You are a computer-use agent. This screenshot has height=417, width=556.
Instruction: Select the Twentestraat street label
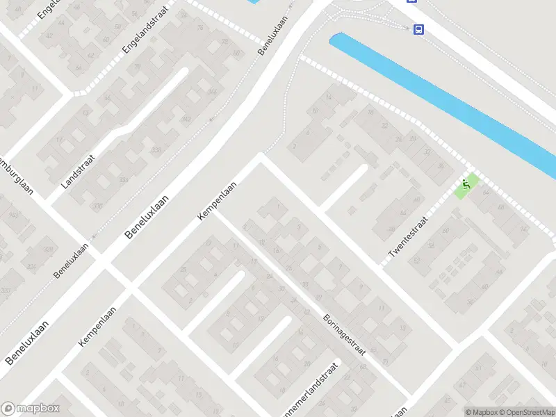(x=408, y=236)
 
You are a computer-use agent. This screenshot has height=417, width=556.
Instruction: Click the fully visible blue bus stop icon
(x=418, y=29)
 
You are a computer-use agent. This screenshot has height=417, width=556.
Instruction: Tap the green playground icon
(x=466, y=185)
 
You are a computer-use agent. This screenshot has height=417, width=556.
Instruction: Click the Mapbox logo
(x=31, y=409)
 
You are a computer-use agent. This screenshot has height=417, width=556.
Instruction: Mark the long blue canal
(x=445, y=97)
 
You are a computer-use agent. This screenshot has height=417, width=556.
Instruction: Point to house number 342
(x=167, y=119)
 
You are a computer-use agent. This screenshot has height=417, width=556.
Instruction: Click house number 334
(x=124, y=180)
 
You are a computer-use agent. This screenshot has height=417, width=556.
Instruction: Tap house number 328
(x=48, y=249)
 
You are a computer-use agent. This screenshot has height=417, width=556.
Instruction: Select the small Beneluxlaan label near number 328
(x=72, y=261)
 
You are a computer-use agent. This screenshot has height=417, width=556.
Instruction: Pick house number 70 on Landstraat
(x=97, y=206)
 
